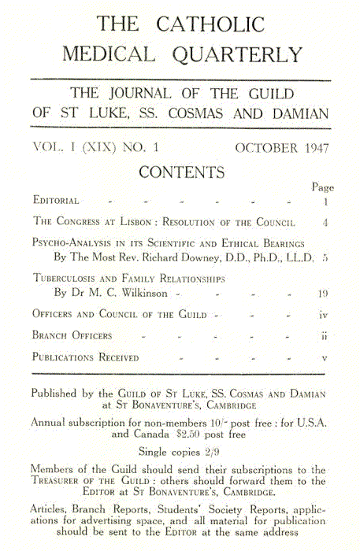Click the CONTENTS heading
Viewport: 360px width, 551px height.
(x=181, y=172)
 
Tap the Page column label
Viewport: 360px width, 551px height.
(x=323, y=187)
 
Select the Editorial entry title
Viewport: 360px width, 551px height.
(x=56, y=202)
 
